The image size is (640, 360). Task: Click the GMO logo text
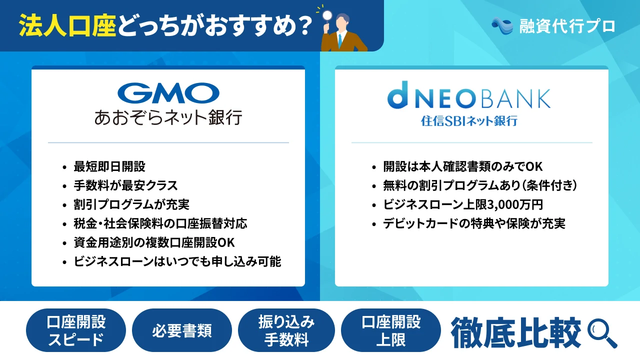pos(168,93)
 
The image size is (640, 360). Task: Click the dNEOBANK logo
pos(468,99)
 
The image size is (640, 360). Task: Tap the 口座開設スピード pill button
pos(76,330)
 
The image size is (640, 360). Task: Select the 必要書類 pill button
pos(181,330)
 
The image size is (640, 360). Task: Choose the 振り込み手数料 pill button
pos(286,330)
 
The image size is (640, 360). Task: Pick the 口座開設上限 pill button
pos(391,330)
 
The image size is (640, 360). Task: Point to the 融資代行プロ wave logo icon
pos(502,25)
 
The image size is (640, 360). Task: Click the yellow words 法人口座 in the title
pos(67,25)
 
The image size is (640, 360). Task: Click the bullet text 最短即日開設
pos(109,166)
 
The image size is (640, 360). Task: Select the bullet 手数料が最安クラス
pos(125,185)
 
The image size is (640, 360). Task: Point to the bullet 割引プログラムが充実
pos(131,204)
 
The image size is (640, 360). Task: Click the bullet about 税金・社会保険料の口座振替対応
pos(160,223)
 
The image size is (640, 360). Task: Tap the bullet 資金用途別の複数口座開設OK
pos(154,242)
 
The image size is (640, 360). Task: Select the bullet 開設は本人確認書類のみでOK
pos(463,166)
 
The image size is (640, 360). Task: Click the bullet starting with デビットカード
pos(474,223)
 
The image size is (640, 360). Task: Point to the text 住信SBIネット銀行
pos(468,121)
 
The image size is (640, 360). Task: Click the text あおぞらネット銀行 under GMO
pos(168,118)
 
